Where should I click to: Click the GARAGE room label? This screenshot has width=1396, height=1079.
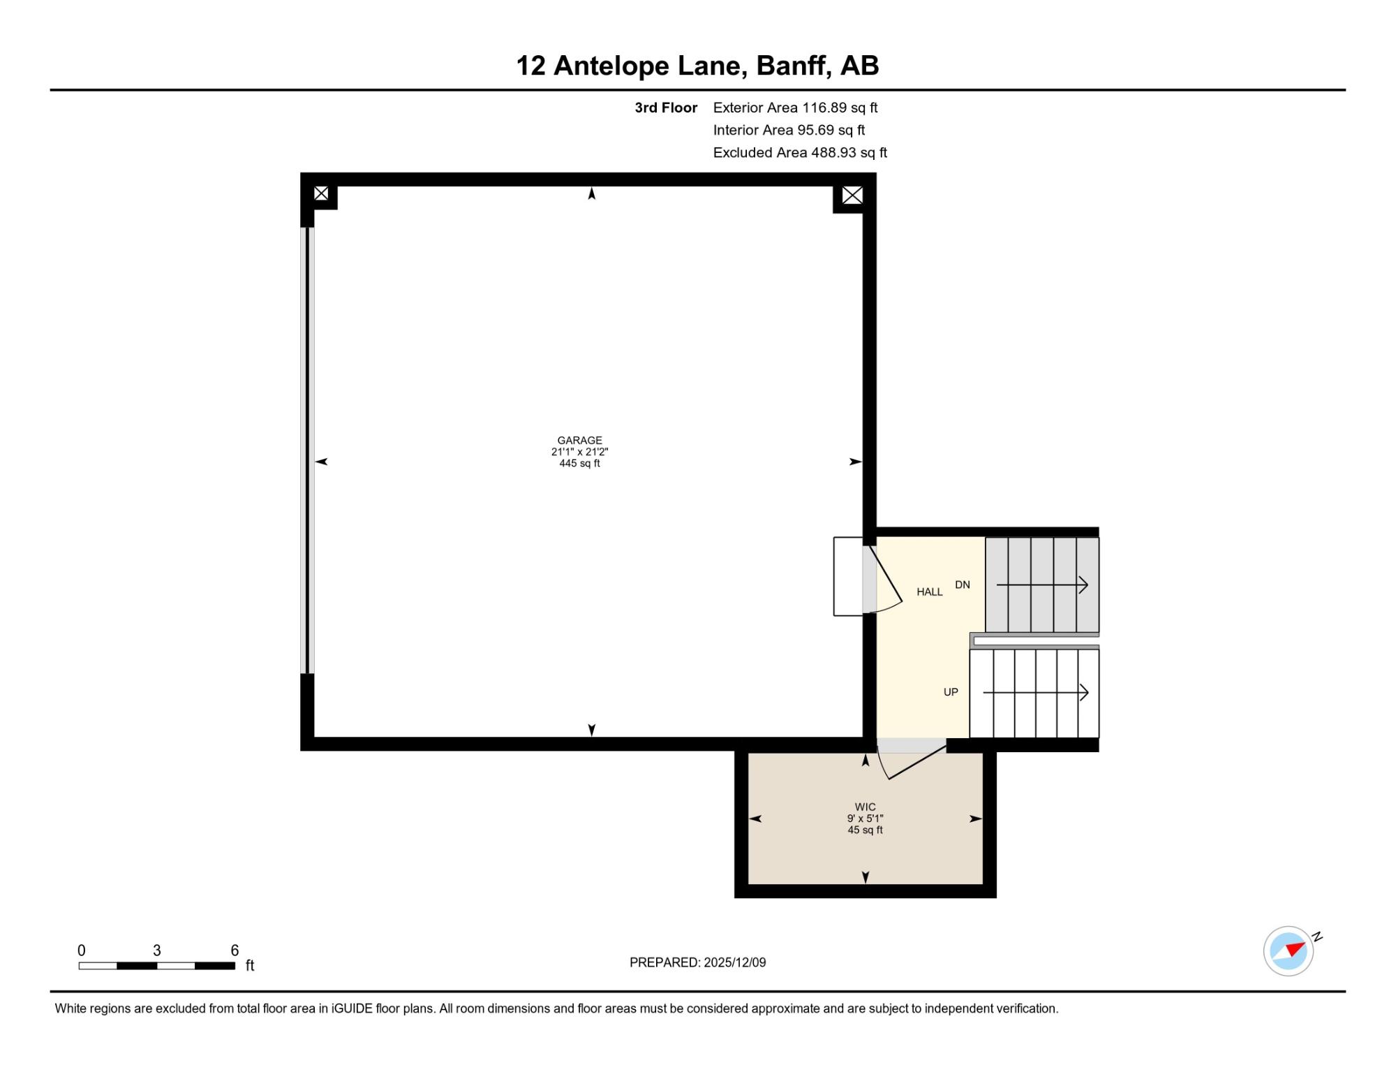point(579,441)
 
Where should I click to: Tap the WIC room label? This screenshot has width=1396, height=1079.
point(865,807)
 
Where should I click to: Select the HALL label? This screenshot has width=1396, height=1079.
point(930,592)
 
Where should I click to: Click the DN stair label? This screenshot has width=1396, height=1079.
point(963,585)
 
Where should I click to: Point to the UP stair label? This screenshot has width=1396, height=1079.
point(951,692)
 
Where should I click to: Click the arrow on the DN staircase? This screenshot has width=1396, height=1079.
point(1042,585)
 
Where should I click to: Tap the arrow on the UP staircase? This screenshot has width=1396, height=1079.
point(1036,692)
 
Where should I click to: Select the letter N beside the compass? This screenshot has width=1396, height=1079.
point(1317,937)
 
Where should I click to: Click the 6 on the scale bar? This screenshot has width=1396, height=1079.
point(235,950)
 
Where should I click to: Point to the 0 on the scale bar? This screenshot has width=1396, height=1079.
point(82,950)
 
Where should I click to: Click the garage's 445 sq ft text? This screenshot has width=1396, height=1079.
point(579,463)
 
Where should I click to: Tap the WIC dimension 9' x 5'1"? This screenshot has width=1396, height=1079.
point(865,818)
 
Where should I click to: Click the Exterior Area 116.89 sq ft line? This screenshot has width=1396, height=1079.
point(795,108)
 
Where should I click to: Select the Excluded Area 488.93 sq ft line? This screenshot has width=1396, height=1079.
point(800,152)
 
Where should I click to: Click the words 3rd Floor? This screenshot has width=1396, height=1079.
point(666,108)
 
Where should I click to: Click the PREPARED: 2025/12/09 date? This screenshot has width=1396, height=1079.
point(697,962)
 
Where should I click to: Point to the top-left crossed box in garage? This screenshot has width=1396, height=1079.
point(321,193)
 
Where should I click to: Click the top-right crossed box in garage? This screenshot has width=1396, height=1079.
point(852,196)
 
